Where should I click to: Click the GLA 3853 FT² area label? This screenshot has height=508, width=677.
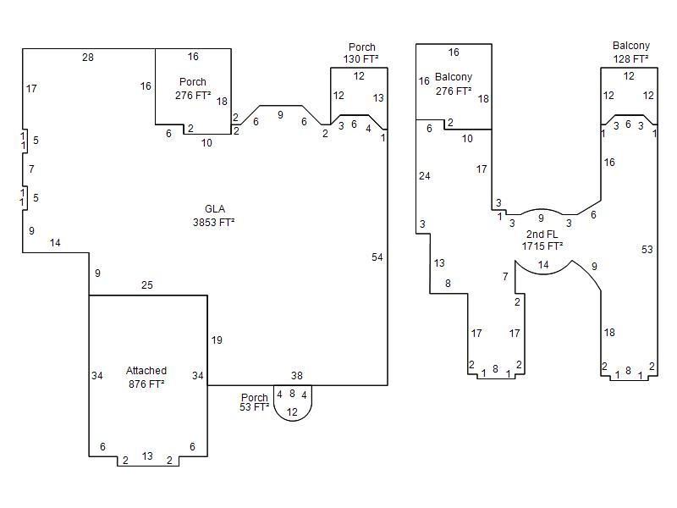point(214,216)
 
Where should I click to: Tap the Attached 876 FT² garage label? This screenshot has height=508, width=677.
point(146,377)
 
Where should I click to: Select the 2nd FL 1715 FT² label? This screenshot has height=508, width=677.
point(542,240)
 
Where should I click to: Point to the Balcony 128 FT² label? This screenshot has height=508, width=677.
point(630,52)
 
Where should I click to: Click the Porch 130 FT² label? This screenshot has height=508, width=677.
point(361,53)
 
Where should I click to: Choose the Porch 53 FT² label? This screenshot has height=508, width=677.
point(255,402)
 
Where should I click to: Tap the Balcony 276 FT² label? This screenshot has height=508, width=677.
point(454,84)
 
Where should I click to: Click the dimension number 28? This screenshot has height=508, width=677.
point(88,58)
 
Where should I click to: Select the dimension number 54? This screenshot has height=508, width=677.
point(377,257)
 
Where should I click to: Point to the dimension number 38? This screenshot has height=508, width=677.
point(297,376)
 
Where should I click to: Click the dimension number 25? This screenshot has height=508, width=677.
point(146,285)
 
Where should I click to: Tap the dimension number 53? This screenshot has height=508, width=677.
point(647,250)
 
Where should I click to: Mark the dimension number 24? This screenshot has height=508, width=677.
point(425,176)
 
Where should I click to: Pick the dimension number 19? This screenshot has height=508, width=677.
point(217,340)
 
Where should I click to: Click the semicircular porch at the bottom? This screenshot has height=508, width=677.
point(293,420)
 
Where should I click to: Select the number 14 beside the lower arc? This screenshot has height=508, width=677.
point(543,265)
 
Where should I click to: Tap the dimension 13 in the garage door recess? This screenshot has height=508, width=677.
point(147,456)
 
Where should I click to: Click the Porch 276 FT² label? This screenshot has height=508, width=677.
point(193,89)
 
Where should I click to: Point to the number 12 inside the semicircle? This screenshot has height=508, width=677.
point(292,412)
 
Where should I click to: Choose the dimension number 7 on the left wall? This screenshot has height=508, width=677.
point(31,168)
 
